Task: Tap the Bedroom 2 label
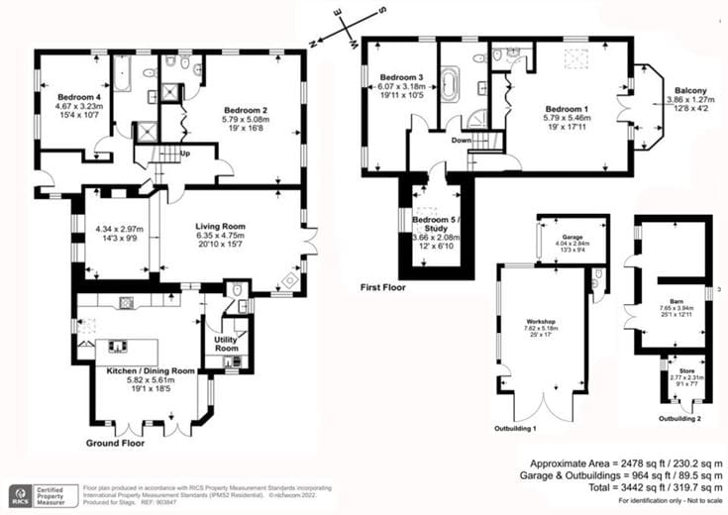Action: (244, 110)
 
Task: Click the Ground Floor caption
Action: (114, 443)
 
